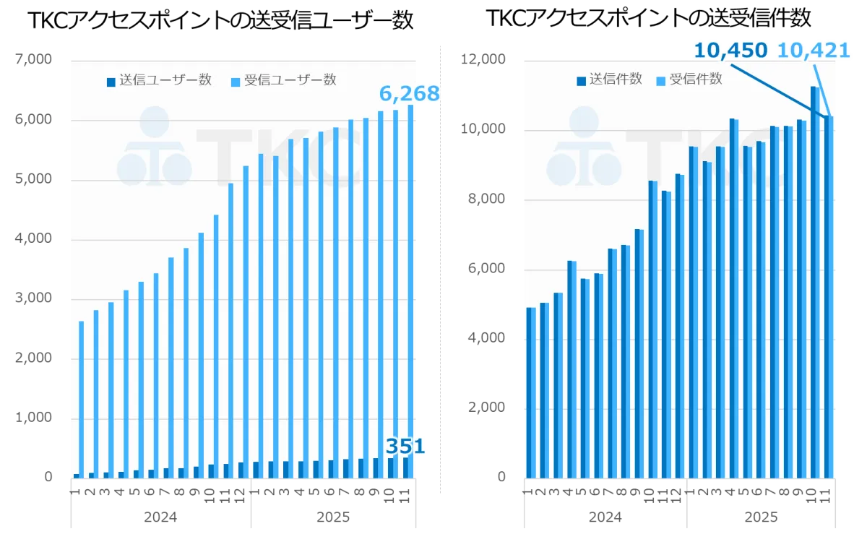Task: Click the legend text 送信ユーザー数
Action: click(x=165, y=80)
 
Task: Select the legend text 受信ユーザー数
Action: click(x=290, y=80)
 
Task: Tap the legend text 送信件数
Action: click(x=616, y=79)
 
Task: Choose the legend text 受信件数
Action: click(x=696, y=79)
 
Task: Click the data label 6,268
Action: click(x=409, y=93)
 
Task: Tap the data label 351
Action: click(x=405, y=445)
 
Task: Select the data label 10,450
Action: click(x=730, y=50)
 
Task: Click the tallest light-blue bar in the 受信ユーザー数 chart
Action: click(x=410, y=289)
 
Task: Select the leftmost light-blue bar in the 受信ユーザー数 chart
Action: click(x=81, y=397)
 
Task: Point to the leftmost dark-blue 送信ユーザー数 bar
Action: click(x=76, y=475)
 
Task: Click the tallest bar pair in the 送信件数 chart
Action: click(x=816, y=282)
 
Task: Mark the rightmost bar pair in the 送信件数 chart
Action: click(x=829, y=296)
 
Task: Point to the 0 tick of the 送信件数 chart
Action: click(x=503, y=478)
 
